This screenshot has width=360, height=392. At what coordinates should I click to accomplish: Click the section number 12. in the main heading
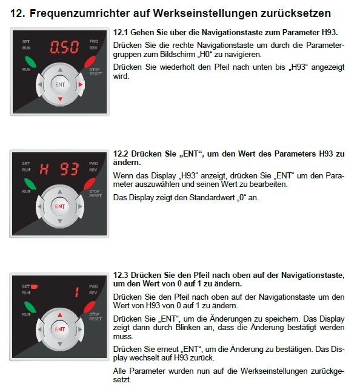pyautogui.click(x=18, y=13)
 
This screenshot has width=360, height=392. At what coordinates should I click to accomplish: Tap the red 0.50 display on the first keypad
pyautogui.click(x=64, y=47)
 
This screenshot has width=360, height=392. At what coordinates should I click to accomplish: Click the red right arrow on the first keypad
pyautogui.click(x=81, y=84)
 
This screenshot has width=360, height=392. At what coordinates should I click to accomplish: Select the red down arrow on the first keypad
pyautogui.click(x=60, y=100)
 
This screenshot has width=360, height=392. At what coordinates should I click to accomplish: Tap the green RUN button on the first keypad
pyautogui.click(x=30, y=62)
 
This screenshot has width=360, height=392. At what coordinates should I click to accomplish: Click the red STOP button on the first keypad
pyautogui.click(x=90, y=62)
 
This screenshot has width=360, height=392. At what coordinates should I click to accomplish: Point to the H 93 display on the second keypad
pyautogui.click(x=59, y=169)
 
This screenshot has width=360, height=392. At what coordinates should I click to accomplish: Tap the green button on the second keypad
pyautogui.click(x=30, y=184)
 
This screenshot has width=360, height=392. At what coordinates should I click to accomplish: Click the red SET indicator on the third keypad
pyautogui.click(x=34, y=286)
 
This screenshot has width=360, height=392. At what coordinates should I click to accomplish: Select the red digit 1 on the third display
pyautogui.click(x=77, y=292)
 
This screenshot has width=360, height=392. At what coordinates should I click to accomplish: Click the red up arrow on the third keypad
pyautogui.click(x=59, y=315)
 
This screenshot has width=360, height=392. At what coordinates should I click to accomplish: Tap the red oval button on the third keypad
pyautogui.click(x=89, y=307)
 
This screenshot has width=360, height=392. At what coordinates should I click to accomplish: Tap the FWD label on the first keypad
pyautogui.click(x=93, y=41)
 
